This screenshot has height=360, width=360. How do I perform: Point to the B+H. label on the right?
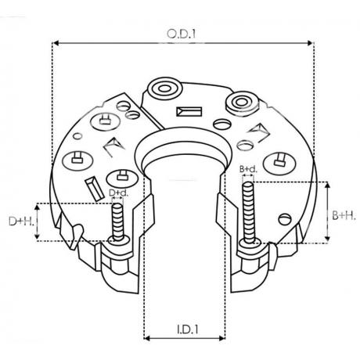(x=341, y=213)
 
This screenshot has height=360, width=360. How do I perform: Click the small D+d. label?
(x=118, y=193)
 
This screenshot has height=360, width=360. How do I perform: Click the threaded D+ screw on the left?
(x=119, y=223)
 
